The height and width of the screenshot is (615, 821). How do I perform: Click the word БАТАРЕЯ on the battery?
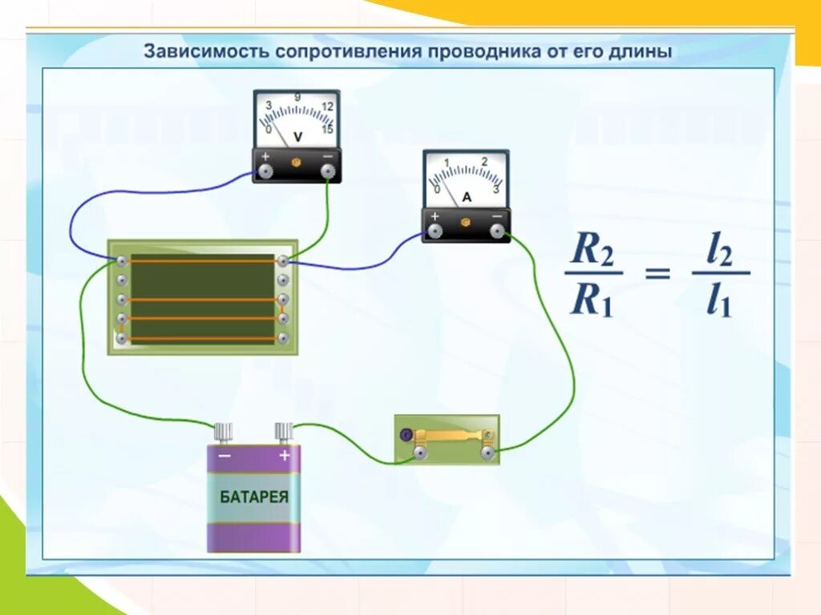[x=254, y=496]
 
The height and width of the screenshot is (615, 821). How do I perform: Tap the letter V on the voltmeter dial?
[x=298, y=136]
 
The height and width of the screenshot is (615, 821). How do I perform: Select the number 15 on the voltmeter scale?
[x=327, y=129]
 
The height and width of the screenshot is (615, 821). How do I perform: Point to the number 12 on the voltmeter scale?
[x=326, y=107]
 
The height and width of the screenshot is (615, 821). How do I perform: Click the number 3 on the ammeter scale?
[x=496, y=189]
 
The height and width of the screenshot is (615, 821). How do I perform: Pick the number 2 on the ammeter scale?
[x=484, y=162]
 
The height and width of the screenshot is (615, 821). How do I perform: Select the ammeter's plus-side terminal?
[x=435, y=231]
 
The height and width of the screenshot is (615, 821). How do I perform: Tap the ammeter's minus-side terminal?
[x=497, y=231]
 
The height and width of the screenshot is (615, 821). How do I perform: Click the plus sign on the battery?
[x=284, y=456]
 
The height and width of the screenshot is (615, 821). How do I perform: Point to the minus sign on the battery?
[x=224, y=456]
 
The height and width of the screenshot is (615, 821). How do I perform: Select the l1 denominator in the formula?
[x=719, y=303]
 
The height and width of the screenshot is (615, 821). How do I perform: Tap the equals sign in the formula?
[x=657, y=275]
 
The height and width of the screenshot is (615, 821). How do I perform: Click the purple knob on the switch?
[x=406, y=435]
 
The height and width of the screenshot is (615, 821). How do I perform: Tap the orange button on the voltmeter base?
[x=295, y=162]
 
